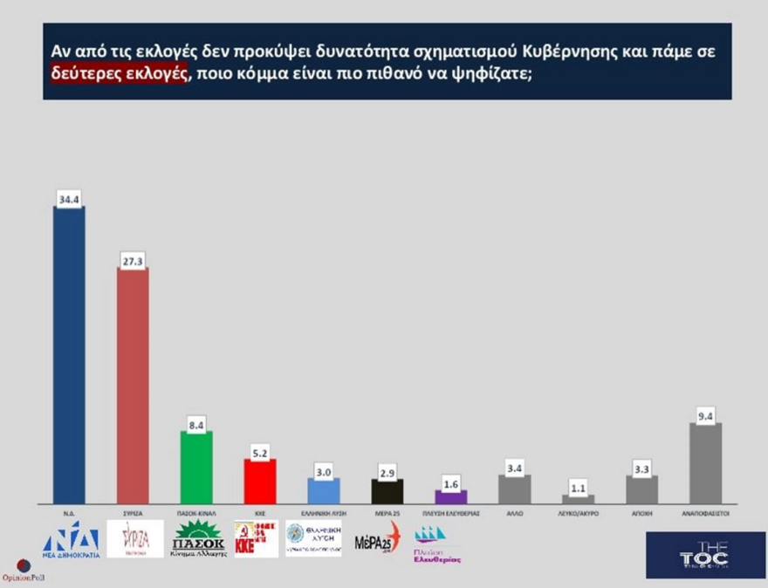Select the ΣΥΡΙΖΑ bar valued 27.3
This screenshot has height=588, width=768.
click(x=133, y=385)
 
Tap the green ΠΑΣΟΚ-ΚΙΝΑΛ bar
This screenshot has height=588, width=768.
click(x=196, y=467)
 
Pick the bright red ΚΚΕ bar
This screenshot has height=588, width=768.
click(x=259, y=481)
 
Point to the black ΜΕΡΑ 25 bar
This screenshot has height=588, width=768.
click(x=387, y=490)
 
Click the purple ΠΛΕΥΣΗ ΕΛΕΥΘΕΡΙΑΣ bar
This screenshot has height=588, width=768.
click(x=451, y=496)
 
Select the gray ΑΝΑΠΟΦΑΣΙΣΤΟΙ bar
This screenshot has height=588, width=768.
click(x=705, y=462)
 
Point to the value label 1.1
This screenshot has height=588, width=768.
click(x=578, y=489)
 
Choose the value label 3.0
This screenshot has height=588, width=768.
click(x=323, y=472)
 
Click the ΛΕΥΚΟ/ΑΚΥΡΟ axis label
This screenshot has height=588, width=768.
click(x=578, y=515)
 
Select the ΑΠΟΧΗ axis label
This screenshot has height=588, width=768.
click(x=641, y=515)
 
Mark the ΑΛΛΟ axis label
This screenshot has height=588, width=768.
click(x=514, y=515)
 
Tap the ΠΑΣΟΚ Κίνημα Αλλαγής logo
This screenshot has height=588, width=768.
click(x=197, y=540)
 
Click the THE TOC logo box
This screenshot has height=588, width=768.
click(x=704, y=555)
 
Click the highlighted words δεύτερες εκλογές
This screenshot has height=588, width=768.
click(x=117, y=73)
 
